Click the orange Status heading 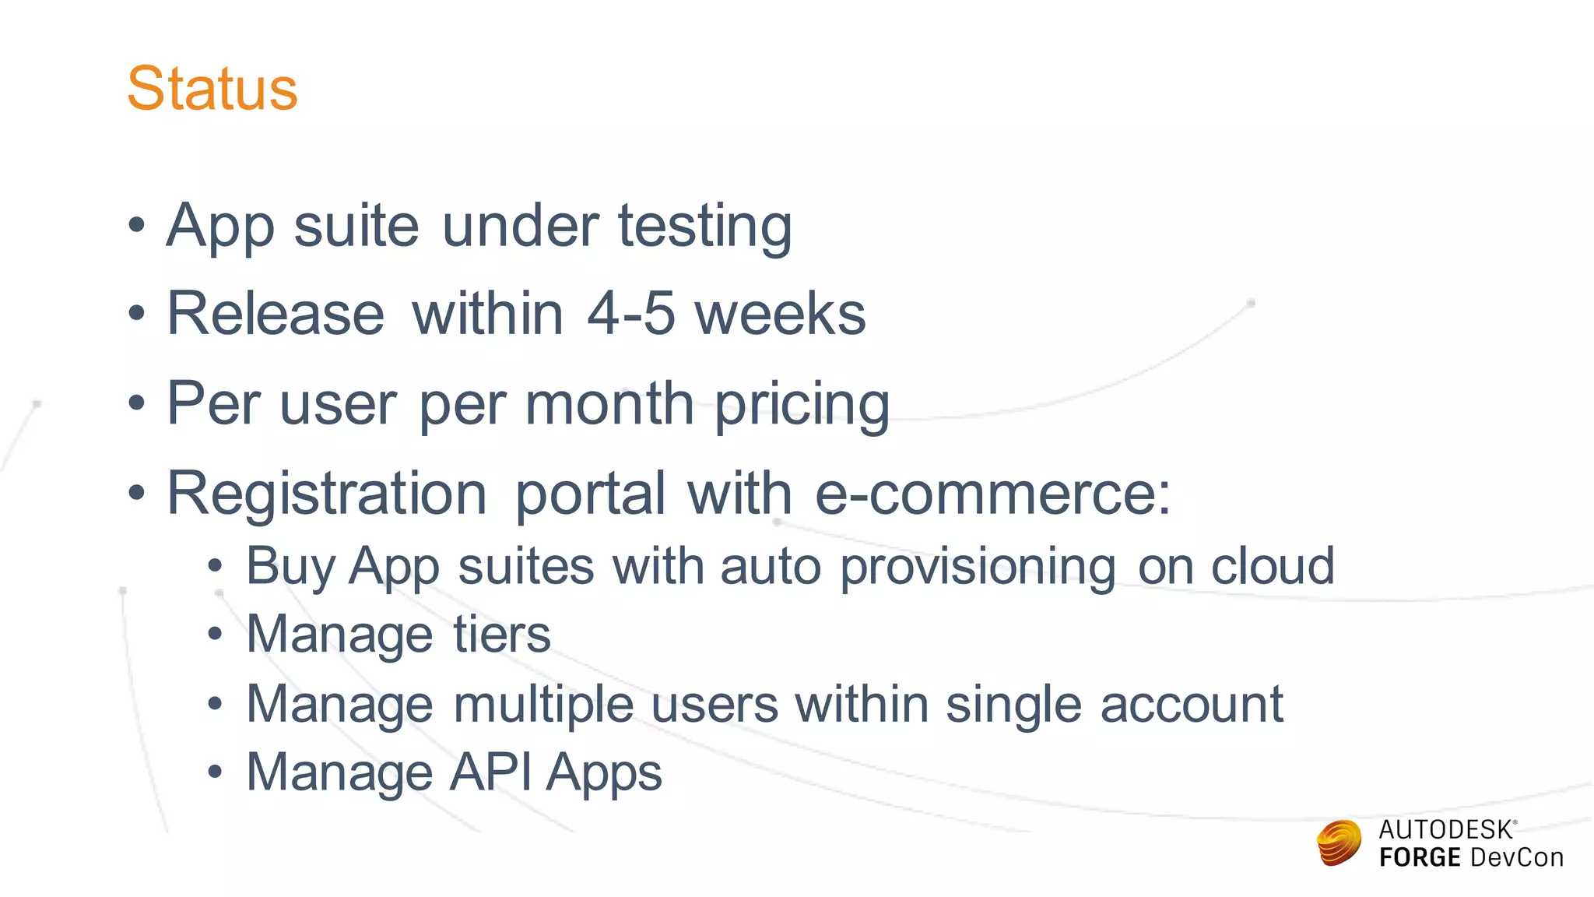pos(212,89)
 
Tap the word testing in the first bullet pos(704,227)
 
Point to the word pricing pos(802,405)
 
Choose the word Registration pos(327,494)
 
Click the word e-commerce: pos(992,494)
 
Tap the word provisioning pos(978,567)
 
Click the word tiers pos(502,634)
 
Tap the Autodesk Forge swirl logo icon pos(1339,842)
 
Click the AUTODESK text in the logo pos(1445,830)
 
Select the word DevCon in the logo pos(1517,858)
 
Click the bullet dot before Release pos(137,315)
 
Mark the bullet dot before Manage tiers pos(216,635)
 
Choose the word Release pos(276,314)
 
